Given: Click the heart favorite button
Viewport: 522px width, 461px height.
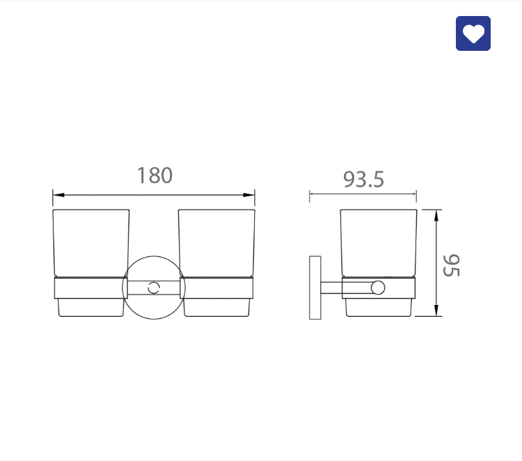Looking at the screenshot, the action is point(473,33).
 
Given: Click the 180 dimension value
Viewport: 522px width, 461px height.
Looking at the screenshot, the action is point(155,175).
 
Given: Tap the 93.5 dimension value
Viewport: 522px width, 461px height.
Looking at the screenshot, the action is point(363,180).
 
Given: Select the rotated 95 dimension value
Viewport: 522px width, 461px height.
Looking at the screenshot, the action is point(452,265).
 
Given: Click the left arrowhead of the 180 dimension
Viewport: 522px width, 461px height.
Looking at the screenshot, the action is point(58,194).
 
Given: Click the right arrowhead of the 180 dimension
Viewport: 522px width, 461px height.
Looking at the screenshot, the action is point(249,194).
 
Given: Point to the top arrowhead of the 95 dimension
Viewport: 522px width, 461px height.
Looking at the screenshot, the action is point(436,215).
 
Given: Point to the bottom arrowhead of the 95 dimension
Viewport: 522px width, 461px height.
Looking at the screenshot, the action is point(436,311).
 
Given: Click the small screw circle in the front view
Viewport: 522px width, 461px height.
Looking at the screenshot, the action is point(154,288).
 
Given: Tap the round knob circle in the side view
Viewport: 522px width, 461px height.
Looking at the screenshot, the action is point(378,288).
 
